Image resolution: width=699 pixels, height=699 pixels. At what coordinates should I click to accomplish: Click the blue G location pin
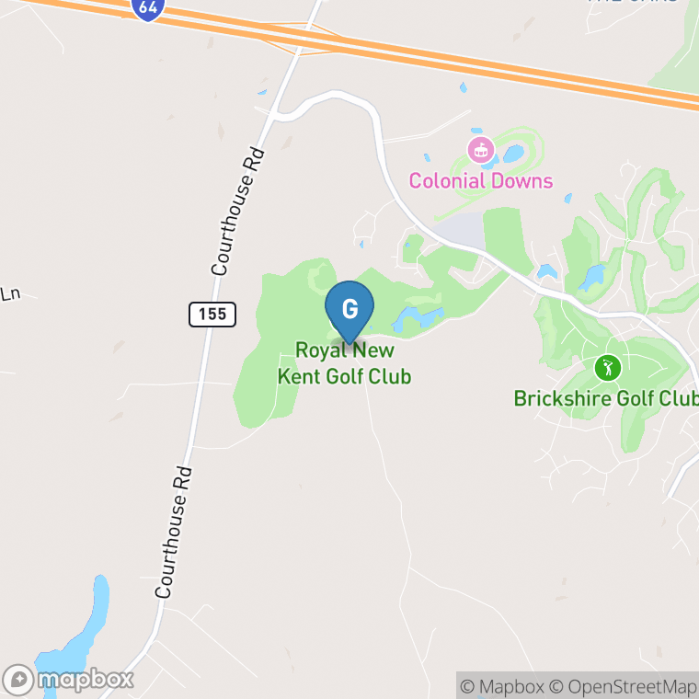tap(349, 309)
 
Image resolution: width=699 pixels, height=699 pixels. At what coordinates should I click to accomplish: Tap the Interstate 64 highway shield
tap(146, 9)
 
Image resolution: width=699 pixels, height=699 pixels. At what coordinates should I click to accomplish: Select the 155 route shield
tap(212, 315)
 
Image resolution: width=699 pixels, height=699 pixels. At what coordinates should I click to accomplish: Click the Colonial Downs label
tap(481, 180)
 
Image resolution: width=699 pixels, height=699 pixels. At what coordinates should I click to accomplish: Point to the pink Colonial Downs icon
tap(480, 149)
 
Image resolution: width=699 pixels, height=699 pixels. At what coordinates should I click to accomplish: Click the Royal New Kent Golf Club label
tap(344, 363)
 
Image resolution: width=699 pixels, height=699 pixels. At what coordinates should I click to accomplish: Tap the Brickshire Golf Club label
tap(605, 398)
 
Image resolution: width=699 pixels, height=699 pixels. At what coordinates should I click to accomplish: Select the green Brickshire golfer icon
tap(607, 369)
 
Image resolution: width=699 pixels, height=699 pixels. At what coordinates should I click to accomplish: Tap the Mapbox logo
tap(69, 680)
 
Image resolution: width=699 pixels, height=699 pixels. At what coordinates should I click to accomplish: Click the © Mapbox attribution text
tap(502, 686)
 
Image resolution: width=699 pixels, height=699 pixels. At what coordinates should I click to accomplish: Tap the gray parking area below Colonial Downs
tap(461, 231)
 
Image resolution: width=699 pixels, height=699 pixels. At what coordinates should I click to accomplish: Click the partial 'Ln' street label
tap(9, 294)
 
